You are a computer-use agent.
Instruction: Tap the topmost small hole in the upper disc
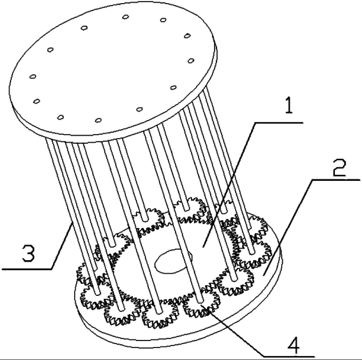(x=125, y=17)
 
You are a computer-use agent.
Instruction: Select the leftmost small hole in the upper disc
(x=32, y=76)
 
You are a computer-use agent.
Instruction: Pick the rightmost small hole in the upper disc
(x=191, y=60)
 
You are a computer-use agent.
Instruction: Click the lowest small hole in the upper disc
(x=98, y=120)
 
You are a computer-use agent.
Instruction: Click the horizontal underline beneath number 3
(x=27, y=269)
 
